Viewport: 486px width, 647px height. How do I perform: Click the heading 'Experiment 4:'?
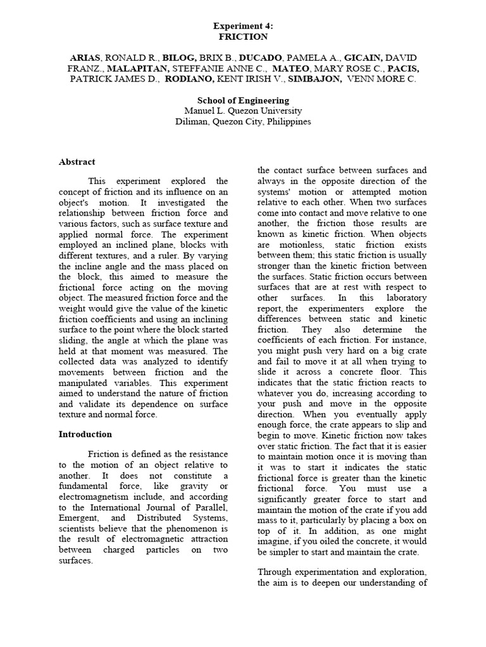[x=244, y=26]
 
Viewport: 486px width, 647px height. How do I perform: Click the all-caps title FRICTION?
[x=244, y=37]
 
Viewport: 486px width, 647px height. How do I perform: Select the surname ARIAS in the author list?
[x=85, y=57]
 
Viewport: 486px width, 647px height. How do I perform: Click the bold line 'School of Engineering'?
[x=244, y=100]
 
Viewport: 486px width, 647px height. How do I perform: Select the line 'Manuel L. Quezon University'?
[x=244, y=111]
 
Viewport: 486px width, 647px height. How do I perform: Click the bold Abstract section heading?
[x=77, y=162]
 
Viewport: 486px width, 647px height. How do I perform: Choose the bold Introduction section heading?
[x=85, y=434]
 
